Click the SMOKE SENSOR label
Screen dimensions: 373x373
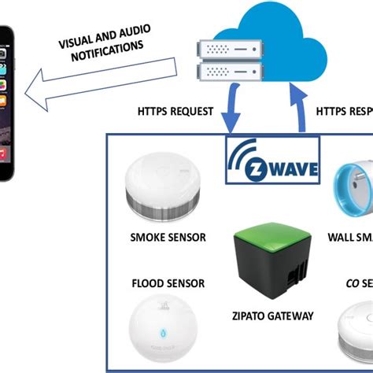[x=168, y=237]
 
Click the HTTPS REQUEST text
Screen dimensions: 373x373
[x=175, y=112]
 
